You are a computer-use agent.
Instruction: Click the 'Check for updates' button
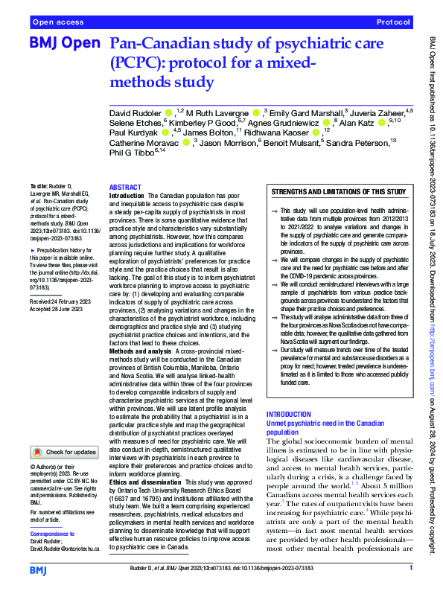tap(66, 452)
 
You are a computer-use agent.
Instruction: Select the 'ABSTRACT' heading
tap(124, 188)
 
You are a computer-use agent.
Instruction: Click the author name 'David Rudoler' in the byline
tap(136, 111)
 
